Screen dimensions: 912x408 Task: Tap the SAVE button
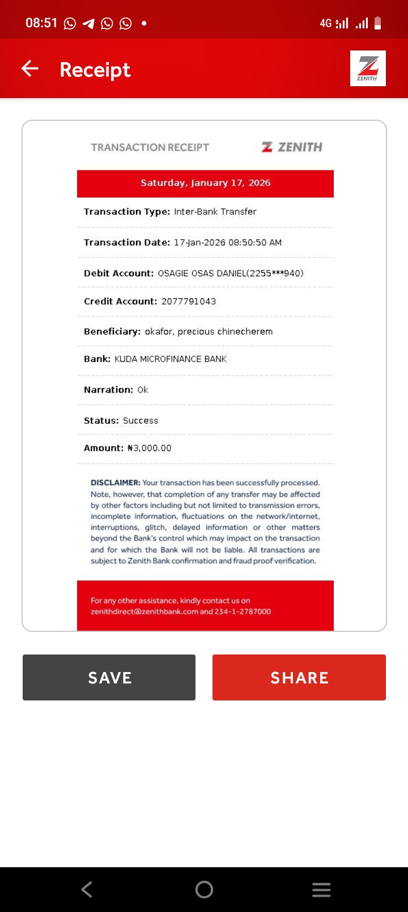[x=109, y=677]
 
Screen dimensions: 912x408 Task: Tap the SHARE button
[x=299, y=677]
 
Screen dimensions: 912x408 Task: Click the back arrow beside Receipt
[x=30, y=69]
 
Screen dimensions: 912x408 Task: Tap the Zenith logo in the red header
[x=368, y=68]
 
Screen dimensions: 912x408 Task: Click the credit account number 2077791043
[x=189, y=301]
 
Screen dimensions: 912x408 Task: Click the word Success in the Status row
[x=141, y=421]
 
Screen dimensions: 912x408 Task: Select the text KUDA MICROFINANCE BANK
[x=171, y=359]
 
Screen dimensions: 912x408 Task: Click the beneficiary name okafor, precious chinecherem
[x=209, y=331]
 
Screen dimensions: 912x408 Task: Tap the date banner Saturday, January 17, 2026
[x=205, y=183]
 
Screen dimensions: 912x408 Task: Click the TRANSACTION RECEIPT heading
[x=150, y=147]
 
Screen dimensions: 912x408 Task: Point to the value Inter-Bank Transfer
[x=215, y=212]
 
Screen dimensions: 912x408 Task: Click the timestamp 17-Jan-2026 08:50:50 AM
[x=228, y=243]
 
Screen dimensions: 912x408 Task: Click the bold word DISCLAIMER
[x=115, y=483]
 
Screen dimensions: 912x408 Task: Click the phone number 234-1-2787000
[x=243, y=611]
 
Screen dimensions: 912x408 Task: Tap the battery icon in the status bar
[x=378, y=23]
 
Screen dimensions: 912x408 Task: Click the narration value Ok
[x=143, y=390]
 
